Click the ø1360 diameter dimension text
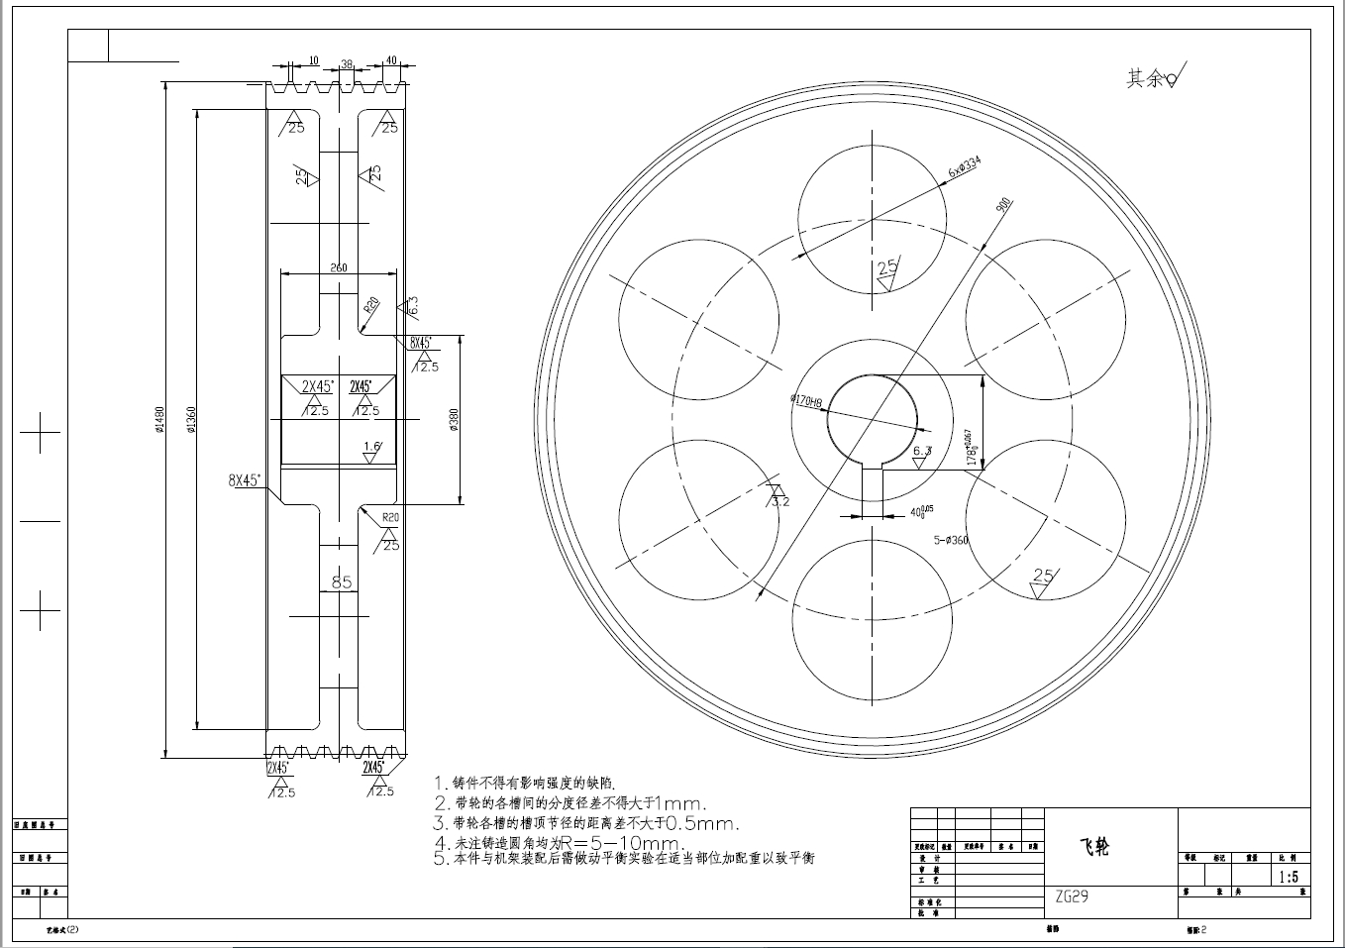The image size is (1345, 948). pyautogui.click(x=190, y=420)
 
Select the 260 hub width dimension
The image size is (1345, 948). pyautogui.click(x=339, y=267)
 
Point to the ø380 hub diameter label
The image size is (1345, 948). pyautogui.click(x=455, y=420)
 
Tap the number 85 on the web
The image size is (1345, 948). pyautogui.click(x=342, y=582)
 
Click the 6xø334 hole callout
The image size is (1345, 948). pyautogui.click(x=964, y=166)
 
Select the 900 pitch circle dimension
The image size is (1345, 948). pyautogui.click(x=1002, y=205)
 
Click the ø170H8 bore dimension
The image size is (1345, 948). pyautogui.click(x=806, y=401)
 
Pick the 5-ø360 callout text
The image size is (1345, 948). pyautogui.click(x=951, y=541)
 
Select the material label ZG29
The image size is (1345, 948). pyautogui.click(x=1072, y=896)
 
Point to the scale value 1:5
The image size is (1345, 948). pyautogui.click(x=1288, y=877)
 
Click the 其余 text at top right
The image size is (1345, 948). pyautogui.click(x=1144, y=78)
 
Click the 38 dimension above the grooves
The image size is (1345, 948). pyautogui.click(x=347, y=64)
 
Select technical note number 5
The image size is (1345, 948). pyautogui.click(x=624, y=859)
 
